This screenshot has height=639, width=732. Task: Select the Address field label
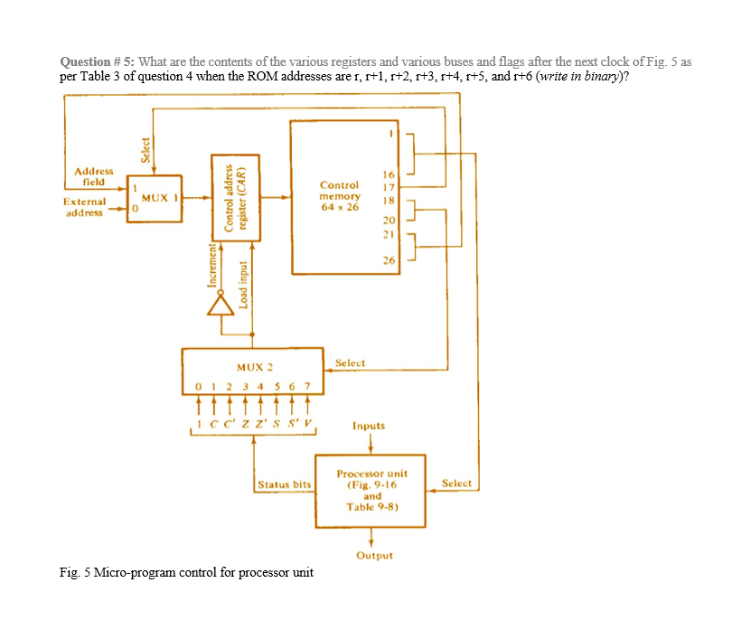pos(94,175)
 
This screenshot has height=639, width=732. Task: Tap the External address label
pos(84,207)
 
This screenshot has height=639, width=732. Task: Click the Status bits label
pos(284,485)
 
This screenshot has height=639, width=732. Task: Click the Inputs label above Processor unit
pos(369,425)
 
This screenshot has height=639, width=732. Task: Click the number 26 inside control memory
pos(389,261)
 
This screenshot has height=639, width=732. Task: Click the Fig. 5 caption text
pos(186,572)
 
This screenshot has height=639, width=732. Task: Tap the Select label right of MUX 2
pos(350,362)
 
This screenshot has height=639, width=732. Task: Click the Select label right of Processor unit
pos(456,484)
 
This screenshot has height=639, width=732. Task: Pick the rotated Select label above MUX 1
pos(145,148)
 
